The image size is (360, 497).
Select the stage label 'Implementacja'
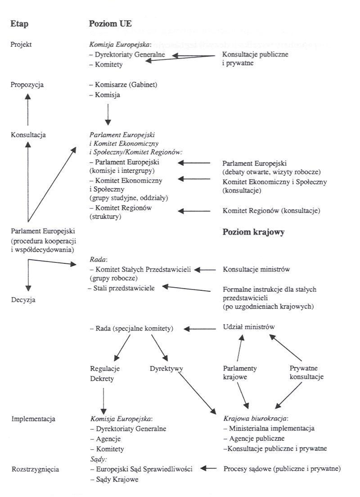click(x=32, y=419)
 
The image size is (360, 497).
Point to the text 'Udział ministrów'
click(x=249, y=327)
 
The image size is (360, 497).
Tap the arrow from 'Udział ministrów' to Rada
click(x=202, y=329)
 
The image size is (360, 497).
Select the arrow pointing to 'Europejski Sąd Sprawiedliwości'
click(x=209, y=469)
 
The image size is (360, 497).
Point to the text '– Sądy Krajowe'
click(x=114, y=479)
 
